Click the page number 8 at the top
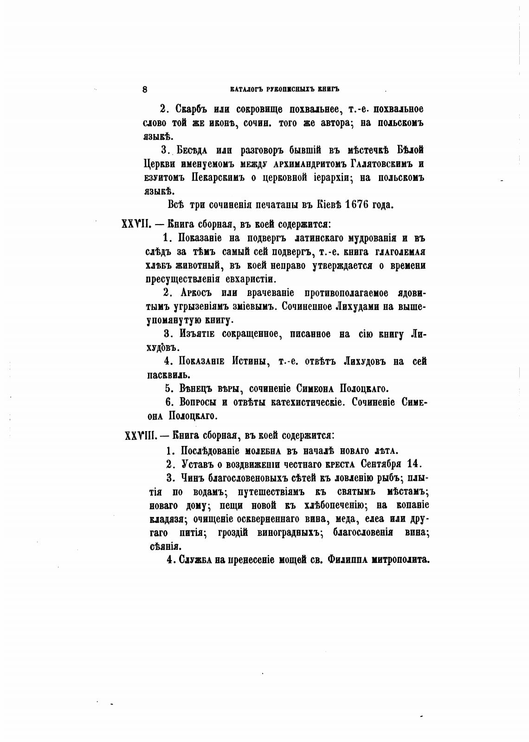pyautogui.click(x=145, y=90)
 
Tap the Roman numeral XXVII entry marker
pyautogui.click(x=135, y=224)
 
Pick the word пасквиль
pyautogui.click(x=166, y=375)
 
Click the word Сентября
pyautogui.click(x=381, y=464)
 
